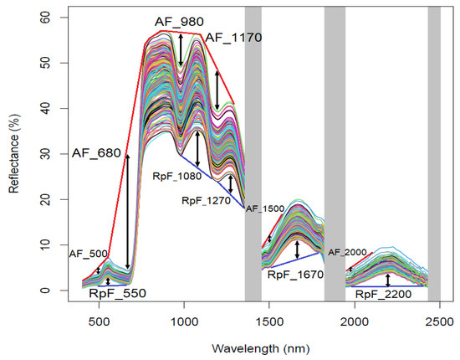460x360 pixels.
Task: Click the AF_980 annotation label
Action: tap(178, 21)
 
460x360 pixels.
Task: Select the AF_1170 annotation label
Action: tap(233, 37)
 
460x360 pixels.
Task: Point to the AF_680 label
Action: tap(96, 152)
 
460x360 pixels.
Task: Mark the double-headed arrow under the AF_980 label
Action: tap(180, 51)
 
